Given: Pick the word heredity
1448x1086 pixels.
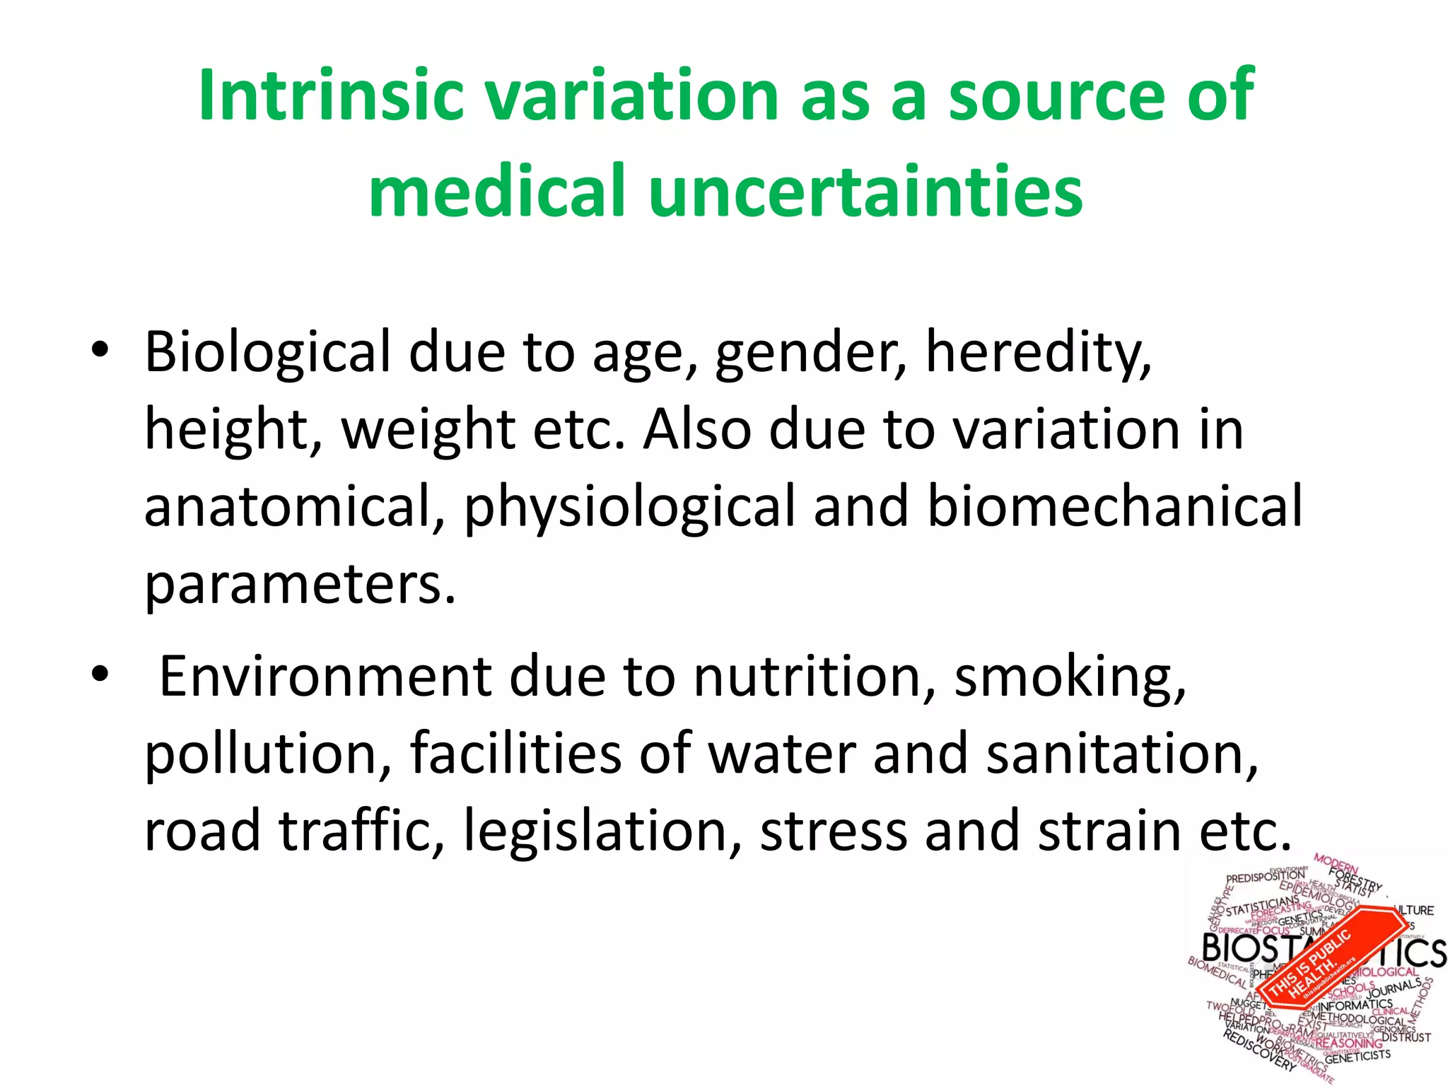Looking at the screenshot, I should tap(1038, 352).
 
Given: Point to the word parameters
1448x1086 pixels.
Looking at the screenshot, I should tap(300, 585).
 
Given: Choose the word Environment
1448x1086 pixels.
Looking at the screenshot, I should tap(325, 677).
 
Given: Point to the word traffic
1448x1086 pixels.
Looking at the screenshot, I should tap(361, 830).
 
